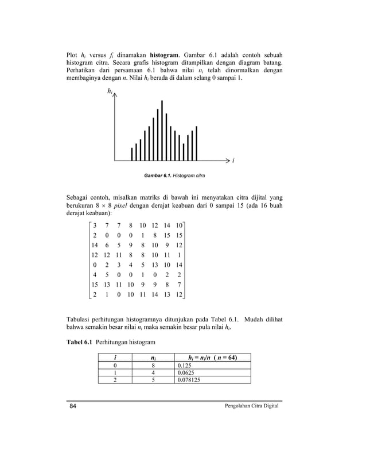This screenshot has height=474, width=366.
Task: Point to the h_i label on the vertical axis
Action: pyautogui.click(x=109, y=91)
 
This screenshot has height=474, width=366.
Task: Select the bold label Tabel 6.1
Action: pyautogui.click(x=80, y=342)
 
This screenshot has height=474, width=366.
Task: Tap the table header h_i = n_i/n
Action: pyautogui.click(x=212, y=358)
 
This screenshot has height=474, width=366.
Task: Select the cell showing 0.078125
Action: pyautogui.click(x=190, y=379)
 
